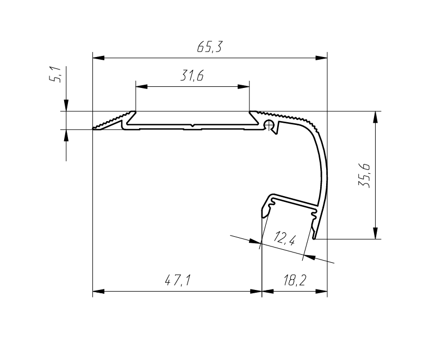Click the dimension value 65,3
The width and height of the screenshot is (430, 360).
(209, 47)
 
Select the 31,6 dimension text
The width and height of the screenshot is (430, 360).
(192, 77)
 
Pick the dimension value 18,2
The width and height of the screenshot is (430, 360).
(294, 280)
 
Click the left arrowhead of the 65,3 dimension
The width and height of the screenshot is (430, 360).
(98, 57)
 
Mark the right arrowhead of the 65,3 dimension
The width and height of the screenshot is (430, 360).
(322, 57)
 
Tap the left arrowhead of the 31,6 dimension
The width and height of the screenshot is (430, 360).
(141, 86)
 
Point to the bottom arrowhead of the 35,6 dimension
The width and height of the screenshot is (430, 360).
(375, 233)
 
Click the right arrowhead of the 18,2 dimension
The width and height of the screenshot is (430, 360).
(322, 292)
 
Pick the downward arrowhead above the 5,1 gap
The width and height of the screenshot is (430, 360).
(66, 106)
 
